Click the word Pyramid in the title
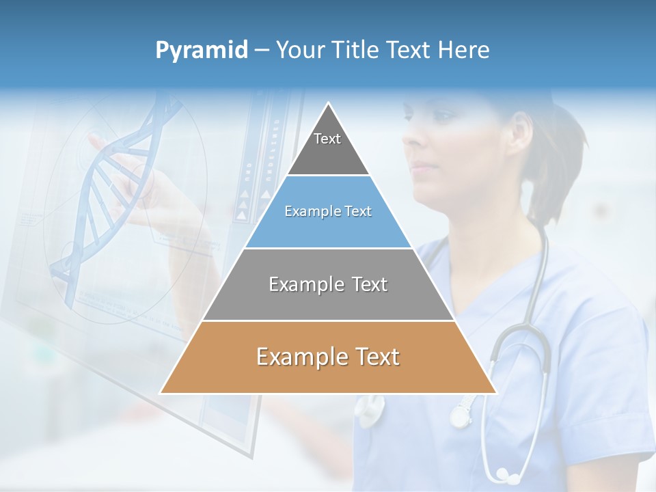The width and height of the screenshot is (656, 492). [202, 51]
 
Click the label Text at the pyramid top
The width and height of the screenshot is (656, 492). [327, 139]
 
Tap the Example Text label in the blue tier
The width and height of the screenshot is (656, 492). [328, 211]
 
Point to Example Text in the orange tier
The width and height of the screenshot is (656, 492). [328, 357]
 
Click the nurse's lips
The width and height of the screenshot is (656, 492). [422, 167]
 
